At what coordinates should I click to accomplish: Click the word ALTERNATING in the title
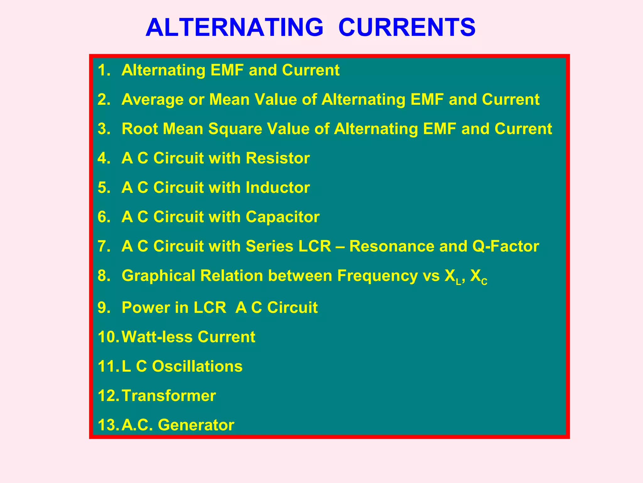234,27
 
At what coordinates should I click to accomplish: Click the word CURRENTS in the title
407,27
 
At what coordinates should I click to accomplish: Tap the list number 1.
104,70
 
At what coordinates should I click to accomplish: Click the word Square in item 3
235,129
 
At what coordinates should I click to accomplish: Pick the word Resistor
278,158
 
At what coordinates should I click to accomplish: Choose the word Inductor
278,188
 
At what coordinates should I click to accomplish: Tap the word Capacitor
282,217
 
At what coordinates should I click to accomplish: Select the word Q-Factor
505,246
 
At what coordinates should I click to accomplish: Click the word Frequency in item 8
377,276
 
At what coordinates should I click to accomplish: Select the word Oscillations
197,366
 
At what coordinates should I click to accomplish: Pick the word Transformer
169,396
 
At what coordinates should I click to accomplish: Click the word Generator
196,425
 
